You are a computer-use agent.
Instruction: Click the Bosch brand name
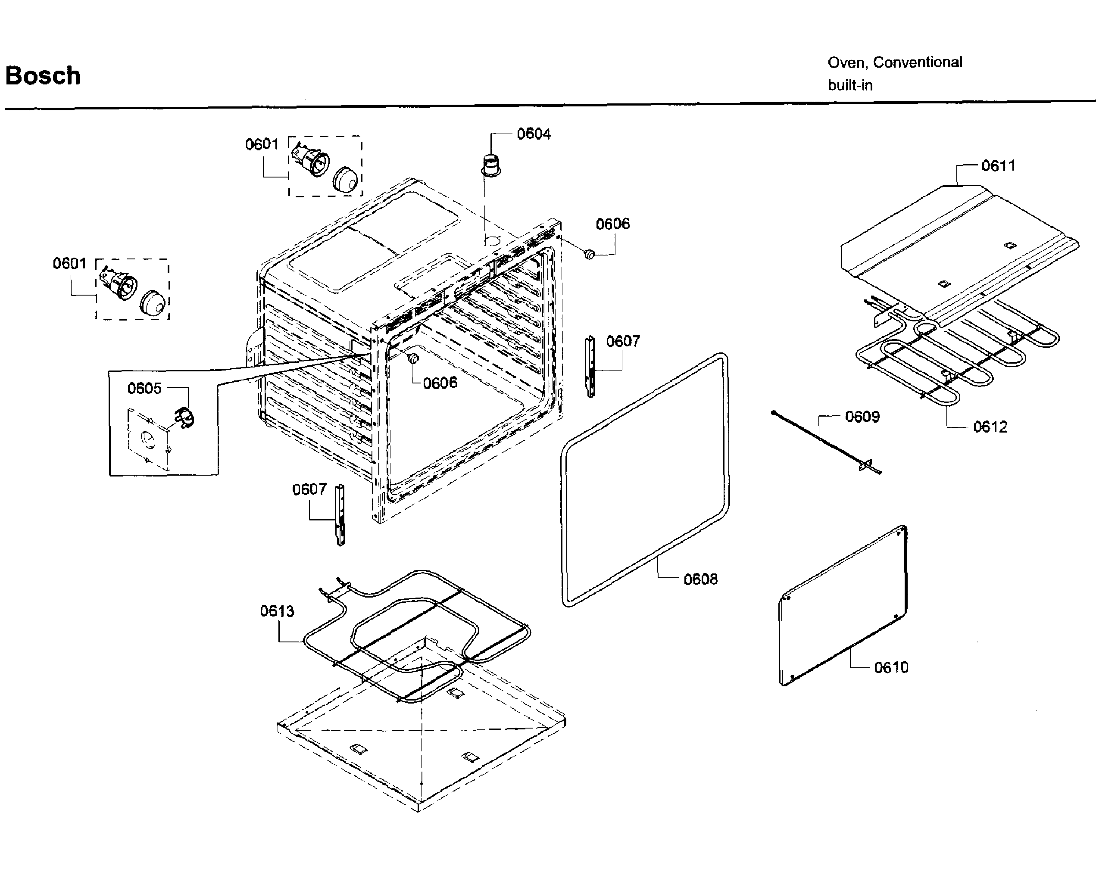pyautogui.click(x=43, y=76)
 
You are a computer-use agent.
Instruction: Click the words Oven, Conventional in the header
pyautogui.click(x=894, y=62)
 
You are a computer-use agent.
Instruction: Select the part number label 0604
pyautogui.click(x=533, y=134)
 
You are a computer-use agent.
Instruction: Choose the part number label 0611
pyautogui.click(x=998, y=166)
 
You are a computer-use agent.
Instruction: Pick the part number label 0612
pyautogui.click(x=989, y=427)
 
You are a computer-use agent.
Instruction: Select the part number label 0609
pyautogui.click(x=862, y=417)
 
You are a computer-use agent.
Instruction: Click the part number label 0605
pyautogui.click(x=144, y=388)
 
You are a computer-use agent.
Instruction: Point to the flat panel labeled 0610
pyautogui.click(x=844, y=605)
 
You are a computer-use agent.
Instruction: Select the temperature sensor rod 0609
pyautogui.click(x=824, y=442)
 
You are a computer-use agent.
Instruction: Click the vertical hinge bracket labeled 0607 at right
pyautogui.click(x=590, y=366)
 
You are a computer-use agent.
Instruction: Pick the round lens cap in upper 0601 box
pyautogui.click(x=346, y=179)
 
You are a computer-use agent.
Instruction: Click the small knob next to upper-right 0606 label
pyautogui.click(x=589, y=254)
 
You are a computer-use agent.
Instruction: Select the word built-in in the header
pyautogui.click(x=850, y=85)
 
